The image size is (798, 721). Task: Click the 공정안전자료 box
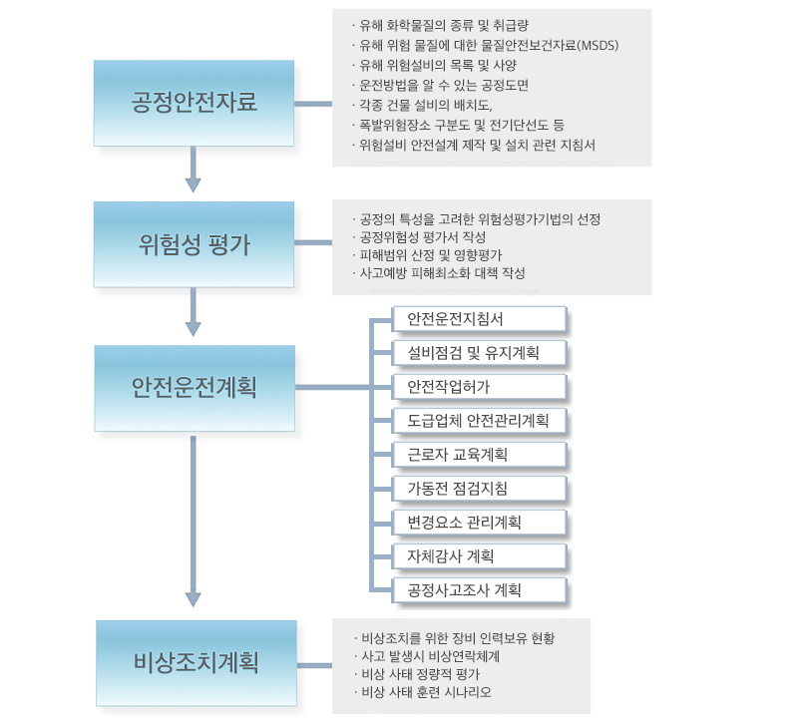194,104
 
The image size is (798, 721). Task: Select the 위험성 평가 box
194,244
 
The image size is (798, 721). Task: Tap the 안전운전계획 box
195,388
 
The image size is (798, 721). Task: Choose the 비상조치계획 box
197,663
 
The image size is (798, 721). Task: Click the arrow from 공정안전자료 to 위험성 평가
193,170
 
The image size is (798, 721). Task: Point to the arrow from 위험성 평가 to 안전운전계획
193,312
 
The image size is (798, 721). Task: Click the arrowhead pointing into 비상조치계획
193,599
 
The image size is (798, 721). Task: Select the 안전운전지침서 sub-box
480,319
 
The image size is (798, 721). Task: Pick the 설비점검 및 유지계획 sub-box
480,353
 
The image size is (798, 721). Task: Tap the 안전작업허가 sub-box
480,387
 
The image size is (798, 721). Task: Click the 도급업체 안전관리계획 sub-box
480,421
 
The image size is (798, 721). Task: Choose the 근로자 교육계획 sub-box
480,455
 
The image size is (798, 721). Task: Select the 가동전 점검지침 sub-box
480,489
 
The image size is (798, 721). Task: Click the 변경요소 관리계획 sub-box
480,522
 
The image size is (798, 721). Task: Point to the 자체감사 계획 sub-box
480,556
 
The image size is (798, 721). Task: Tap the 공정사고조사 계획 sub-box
480,590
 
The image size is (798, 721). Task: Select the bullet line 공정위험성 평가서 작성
419,237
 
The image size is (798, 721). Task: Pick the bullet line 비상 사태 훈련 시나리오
423,692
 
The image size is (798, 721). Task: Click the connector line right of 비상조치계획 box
314,665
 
